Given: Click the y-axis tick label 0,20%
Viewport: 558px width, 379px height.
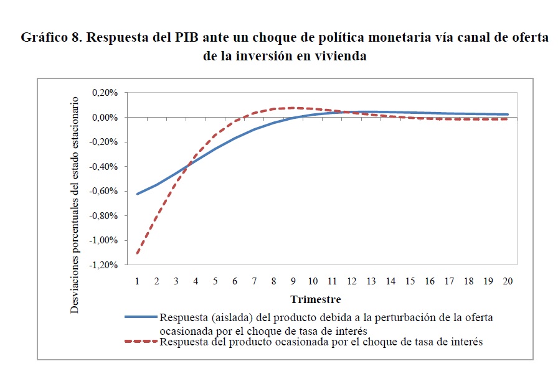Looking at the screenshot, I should [105, 93].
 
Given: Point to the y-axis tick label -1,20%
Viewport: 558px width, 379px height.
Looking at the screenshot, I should [103, 265].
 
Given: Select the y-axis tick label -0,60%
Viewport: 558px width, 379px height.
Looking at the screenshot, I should [103, 192].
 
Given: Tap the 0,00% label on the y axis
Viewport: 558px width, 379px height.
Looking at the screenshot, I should [105, 118].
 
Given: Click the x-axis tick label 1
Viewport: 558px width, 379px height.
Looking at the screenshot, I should [137, 281].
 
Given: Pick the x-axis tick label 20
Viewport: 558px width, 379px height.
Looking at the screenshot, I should [508, 281].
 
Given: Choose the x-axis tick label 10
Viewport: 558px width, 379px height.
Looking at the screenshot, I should [313, 281].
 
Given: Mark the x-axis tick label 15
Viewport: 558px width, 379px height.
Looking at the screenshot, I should [410, 281].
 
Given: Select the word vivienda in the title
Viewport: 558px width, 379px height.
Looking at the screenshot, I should [340, 56].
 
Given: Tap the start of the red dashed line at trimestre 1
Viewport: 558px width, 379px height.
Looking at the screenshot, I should [137, 253].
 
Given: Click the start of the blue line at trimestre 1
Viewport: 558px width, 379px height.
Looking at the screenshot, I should [137, 194].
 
